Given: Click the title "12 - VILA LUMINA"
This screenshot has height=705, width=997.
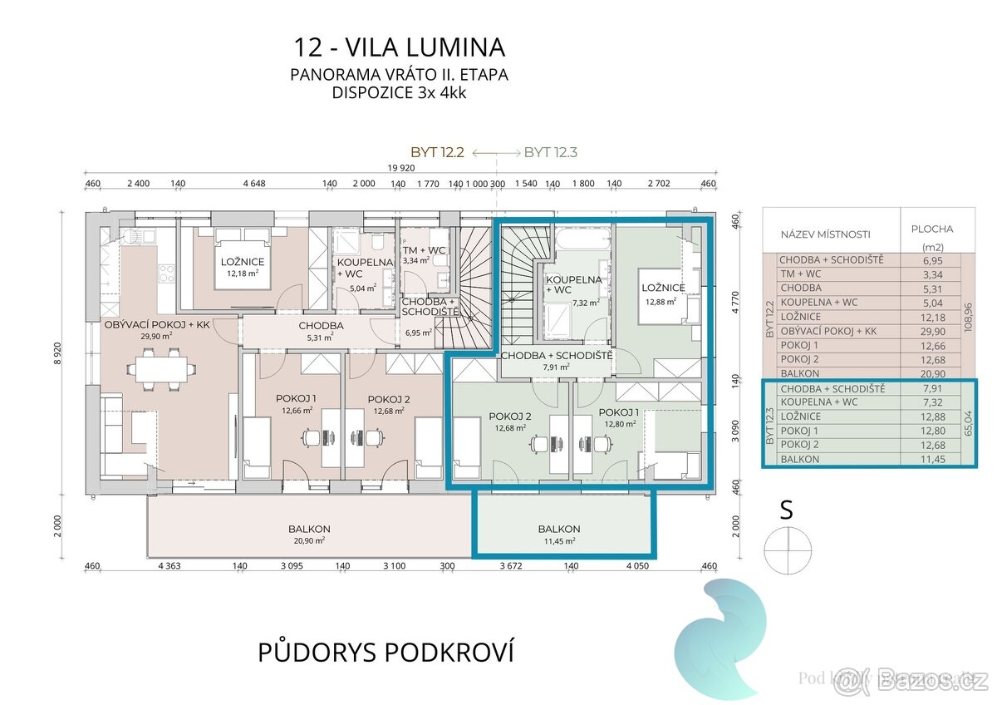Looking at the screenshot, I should tap(399, 46).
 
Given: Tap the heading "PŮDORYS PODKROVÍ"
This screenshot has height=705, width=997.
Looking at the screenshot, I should tap(386, 652).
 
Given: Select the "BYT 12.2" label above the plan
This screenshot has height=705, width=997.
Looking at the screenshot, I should tap(440, 152).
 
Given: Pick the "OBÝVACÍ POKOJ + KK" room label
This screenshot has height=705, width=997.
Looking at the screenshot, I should tap(156, 324).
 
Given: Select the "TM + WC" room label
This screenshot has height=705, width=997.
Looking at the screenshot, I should tap(421, 249).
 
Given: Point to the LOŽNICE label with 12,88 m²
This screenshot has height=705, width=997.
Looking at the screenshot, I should tap(663, 288).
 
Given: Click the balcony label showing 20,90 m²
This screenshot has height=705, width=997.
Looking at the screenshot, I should tap(309, 529).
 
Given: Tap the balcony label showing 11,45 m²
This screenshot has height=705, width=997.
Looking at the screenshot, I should tap(558, 529).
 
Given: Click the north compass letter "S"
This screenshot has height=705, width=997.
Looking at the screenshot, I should tap(785, 510).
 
